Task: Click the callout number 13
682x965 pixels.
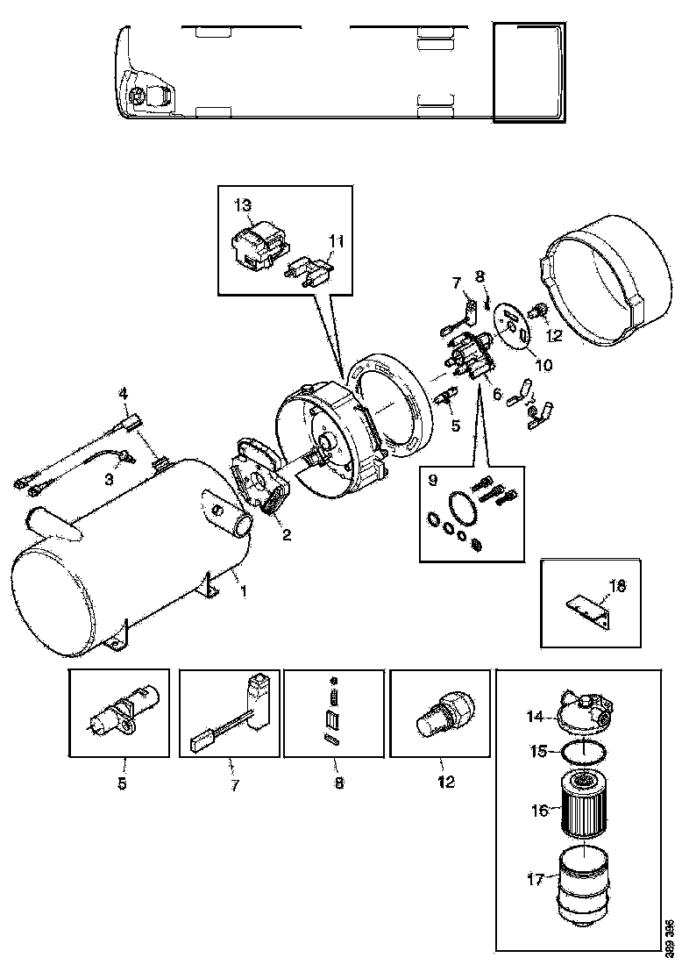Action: pyautogui.click(x=243, y=204)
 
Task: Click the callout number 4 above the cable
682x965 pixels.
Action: pyautogui.click(x=124, y=394)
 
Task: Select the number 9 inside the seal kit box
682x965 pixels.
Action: pyautogui.click(x=432, y=480)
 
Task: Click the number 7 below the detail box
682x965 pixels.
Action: pyautogui.click(x=234, y=785)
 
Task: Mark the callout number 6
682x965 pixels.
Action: pyautogui.click(x=497, y=395)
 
